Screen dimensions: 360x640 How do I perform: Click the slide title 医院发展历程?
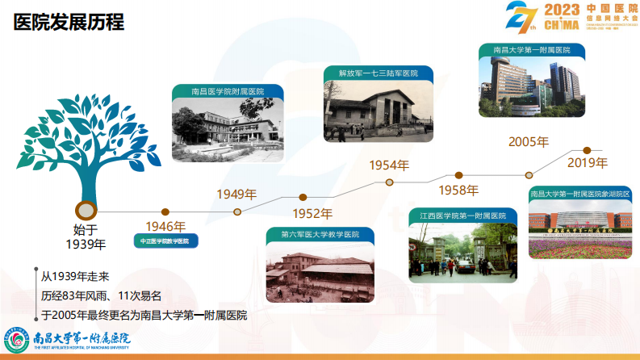69,22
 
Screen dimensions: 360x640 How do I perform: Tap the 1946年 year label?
165,227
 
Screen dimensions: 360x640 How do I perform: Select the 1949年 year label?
236,194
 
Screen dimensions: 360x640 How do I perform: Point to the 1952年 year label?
312,214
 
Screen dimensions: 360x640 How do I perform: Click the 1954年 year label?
389,165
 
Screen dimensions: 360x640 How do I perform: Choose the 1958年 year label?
458,190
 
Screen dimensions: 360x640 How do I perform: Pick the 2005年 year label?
529,142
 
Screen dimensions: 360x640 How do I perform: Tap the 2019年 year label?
587,164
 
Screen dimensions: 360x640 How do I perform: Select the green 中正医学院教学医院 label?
164,241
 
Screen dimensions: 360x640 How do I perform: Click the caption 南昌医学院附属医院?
228,92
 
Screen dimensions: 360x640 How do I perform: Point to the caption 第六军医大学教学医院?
320,235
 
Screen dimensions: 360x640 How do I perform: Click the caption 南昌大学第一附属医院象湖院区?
580,195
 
